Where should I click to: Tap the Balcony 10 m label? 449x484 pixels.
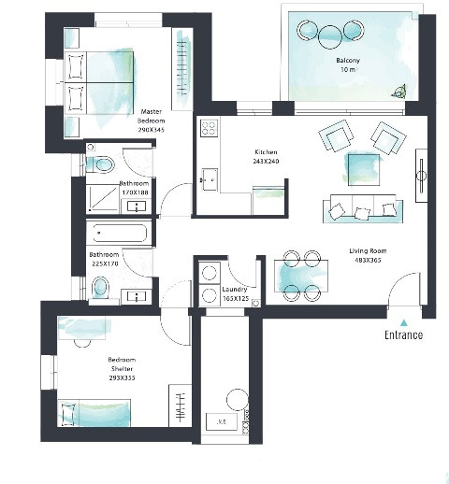pyautogui.click(x=348, y=65)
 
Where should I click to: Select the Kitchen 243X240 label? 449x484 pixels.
pyautogui.click(x=266, y=156)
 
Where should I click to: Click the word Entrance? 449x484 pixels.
pyautogui.click(x=403, y=335)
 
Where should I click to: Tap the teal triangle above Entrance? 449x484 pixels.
pyautogui.click(x=403, y=320)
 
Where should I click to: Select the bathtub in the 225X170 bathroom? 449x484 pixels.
pyautogui.click(x=118, y=234)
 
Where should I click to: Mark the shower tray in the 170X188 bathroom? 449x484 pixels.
pyautogui.click(x=100, y=199)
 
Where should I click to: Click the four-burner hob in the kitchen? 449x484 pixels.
pyautogui.click(x=209, y=130)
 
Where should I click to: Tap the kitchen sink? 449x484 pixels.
pyautogui.click(x=209, y=178)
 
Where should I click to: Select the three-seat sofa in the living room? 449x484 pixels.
pyautogui.click(x=356, y=211)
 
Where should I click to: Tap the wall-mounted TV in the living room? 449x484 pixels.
pyautogui.click(x=422, y=174)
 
